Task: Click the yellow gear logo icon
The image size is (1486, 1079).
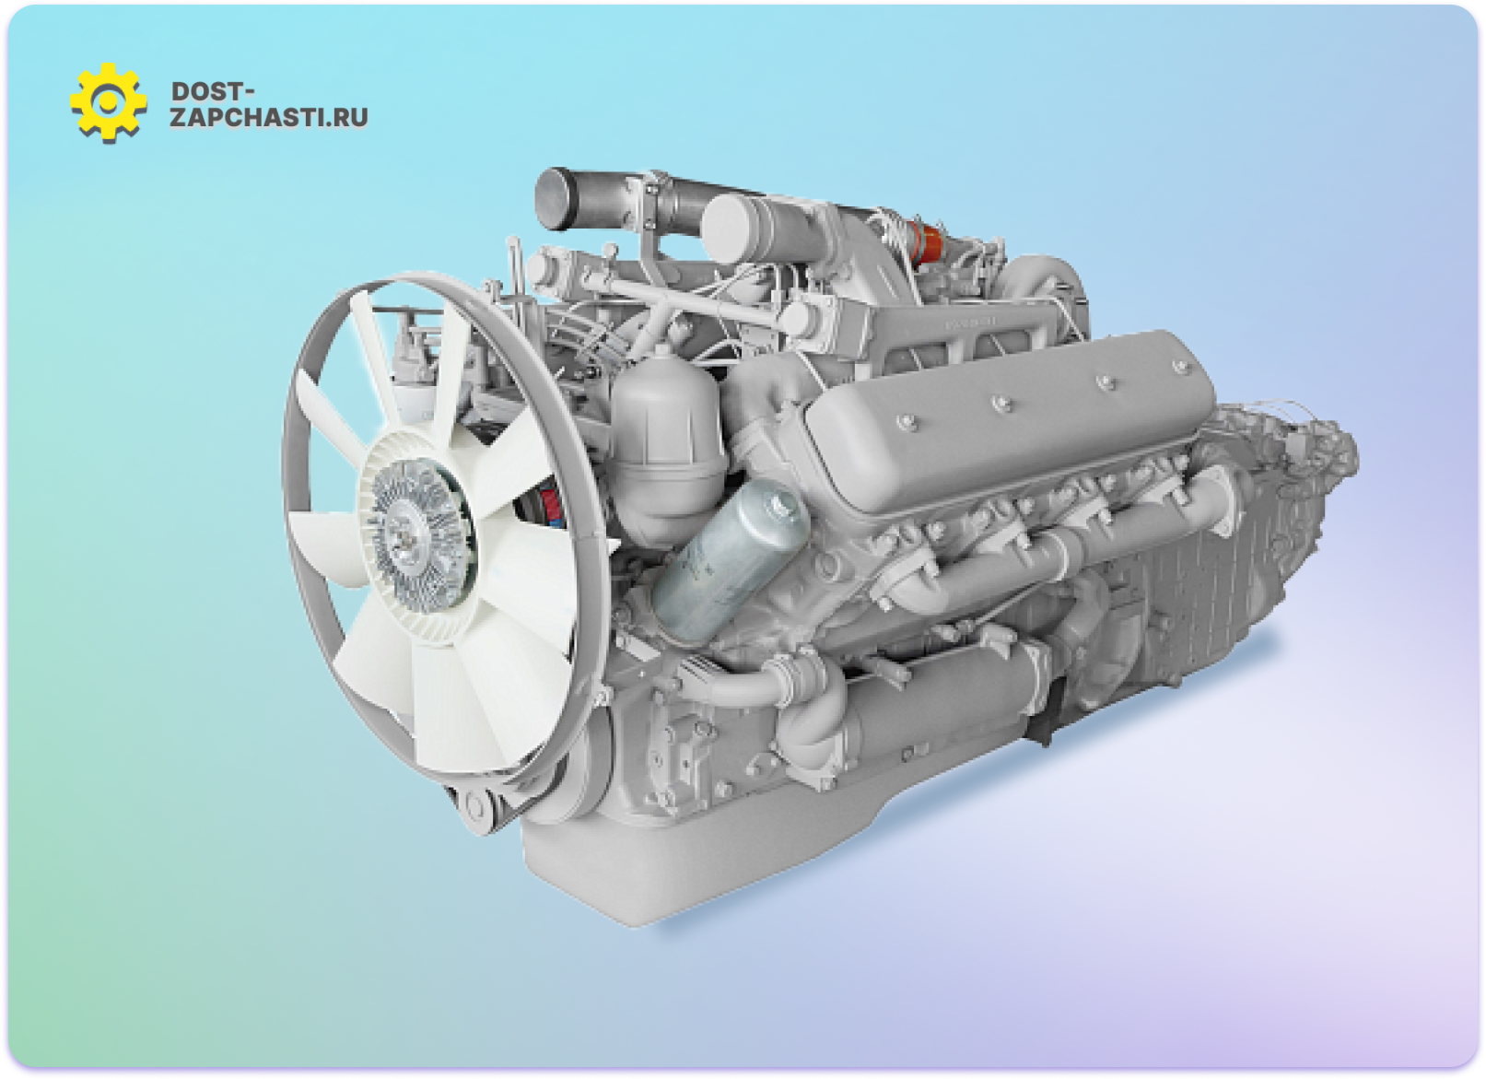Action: coord(108,103)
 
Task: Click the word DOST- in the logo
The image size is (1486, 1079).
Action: coord(212,91)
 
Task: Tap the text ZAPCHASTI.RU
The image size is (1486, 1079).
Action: coord(269,117)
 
